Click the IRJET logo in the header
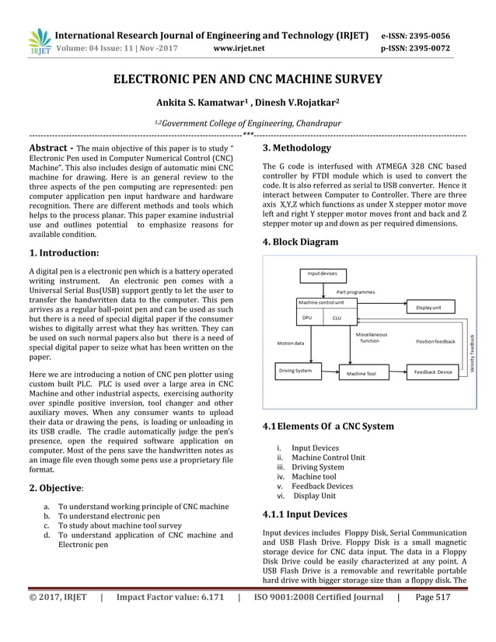coord(39,43)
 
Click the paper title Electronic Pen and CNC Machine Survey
coord(248,79)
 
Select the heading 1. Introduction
coord(64,253)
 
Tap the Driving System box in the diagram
coord(295,372)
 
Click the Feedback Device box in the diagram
coord(433,372)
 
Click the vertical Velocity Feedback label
coord(473,351)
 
